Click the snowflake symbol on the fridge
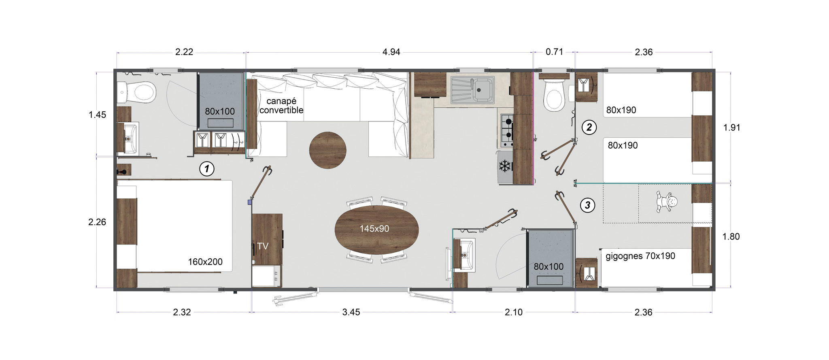click(504, 166)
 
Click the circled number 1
click(207, 169)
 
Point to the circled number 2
click(589, 128)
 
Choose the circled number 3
click(588, 205)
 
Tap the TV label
click(263, 246)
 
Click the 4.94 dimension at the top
click(391, 52)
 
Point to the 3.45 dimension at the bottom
click(351, 312)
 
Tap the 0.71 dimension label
click(554, 52)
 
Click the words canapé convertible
click(281, 105)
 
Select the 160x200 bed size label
click(205, 262)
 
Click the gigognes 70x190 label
click(640, 256)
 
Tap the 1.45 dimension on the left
click(97, 115)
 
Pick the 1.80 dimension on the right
click(731, 236)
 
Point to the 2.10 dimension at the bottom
click(514, 312)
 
